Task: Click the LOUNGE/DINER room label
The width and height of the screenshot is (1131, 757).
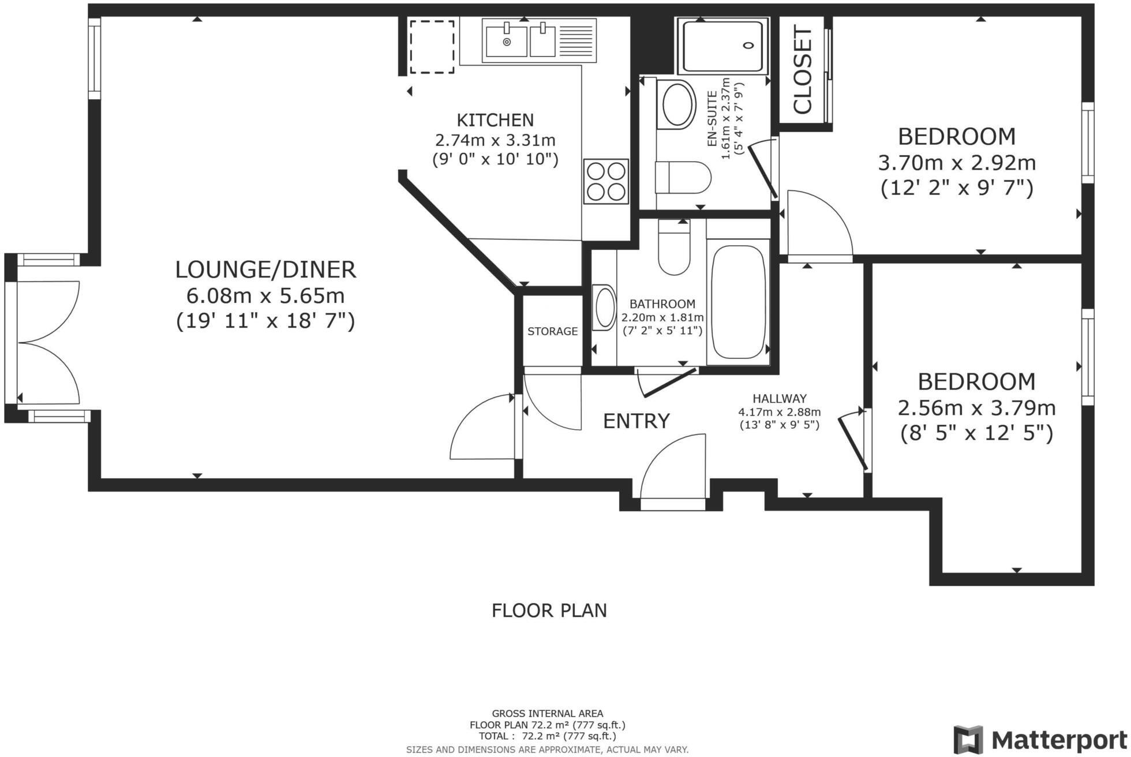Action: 265,270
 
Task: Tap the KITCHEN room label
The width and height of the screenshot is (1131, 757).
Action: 495,120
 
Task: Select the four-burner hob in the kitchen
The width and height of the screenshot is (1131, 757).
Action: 605,181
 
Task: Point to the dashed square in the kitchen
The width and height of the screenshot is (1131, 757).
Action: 432,47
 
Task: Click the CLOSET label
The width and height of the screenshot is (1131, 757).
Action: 803,70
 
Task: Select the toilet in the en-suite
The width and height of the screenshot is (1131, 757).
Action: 682,178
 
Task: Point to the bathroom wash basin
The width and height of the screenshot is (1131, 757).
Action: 605,308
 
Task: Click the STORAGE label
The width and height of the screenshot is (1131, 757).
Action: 552,331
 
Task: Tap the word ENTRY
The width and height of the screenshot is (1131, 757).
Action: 636,421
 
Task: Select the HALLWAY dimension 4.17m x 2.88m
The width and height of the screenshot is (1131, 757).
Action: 779,412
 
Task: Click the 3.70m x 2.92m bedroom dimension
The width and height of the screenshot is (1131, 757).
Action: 956,163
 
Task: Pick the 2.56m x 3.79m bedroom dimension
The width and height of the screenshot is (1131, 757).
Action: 976,409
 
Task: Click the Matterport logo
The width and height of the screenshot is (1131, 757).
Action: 1039,739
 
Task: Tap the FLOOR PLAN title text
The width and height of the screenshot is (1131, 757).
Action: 549,610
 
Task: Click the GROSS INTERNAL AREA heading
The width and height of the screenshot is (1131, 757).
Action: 547,714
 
